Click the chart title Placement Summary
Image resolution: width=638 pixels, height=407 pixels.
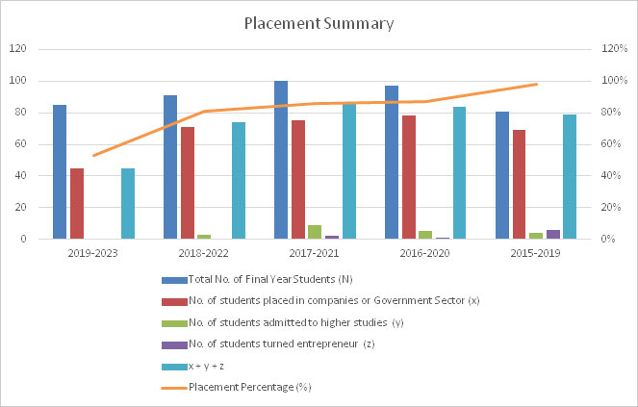[319, 23]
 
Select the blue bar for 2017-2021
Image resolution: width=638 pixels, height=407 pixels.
[281, 160]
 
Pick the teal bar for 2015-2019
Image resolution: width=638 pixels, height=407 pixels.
[570, 177]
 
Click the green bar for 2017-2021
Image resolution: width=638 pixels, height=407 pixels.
[315, 232]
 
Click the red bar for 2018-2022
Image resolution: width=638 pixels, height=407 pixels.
[188, 183]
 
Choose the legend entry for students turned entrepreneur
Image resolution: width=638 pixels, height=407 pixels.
[275, 343]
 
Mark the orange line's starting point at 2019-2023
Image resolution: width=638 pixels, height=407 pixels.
[94, 156]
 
